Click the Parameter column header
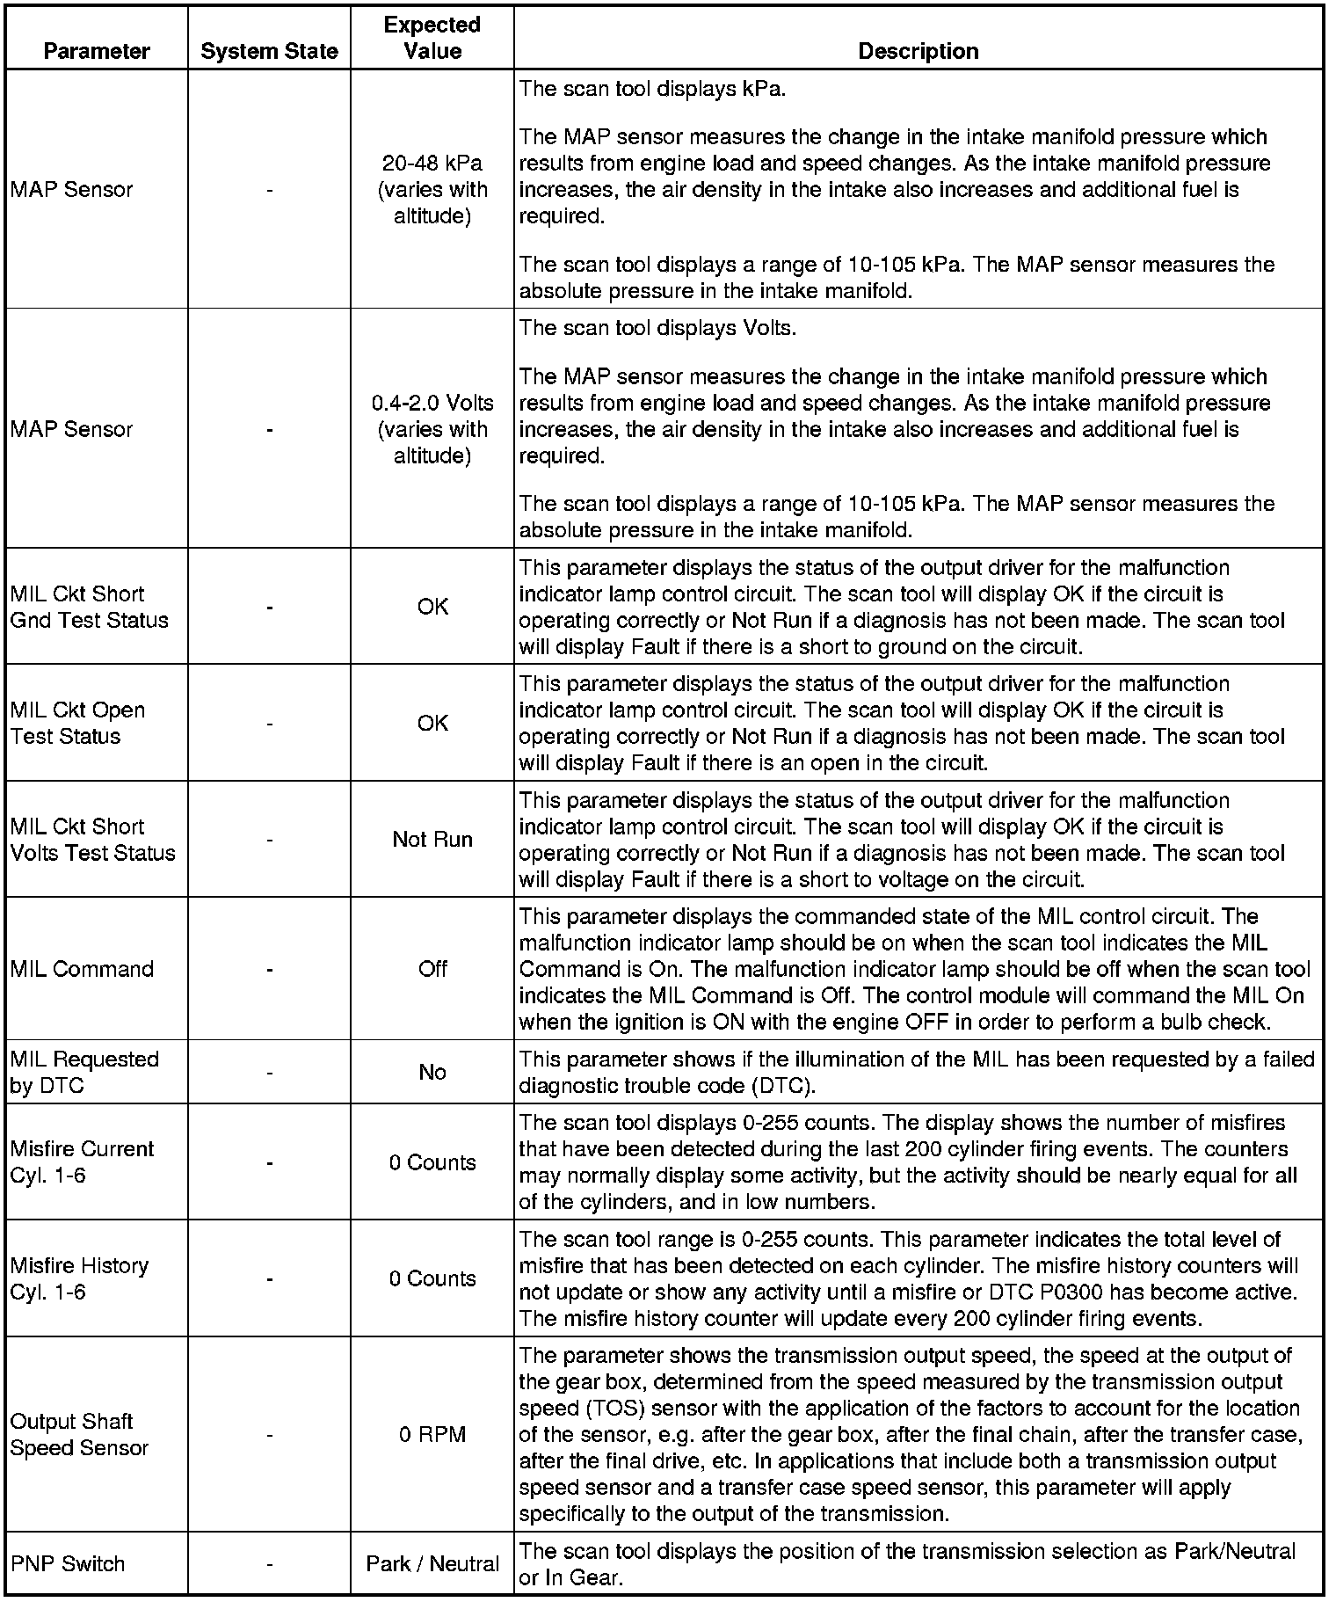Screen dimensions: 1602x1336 pos(97,51)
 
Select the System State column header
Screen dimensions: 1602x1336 pos(269,51)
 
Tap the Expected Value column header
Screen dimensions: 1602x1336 pos(432,38)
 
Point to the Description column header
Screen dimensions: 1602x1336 pos(918,51)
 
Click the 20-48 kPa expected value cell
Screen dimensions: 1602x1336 pos(432,189)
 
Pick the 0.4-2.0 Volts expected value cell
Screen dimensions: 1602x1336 pos(432,429)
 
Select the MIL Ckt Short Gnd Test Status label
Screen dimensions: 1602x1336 pos(89,607)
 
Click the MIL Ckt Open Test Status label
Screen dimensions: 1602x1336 pos(77,723)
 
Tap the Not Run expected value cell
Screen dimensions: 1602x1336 pos(432,839)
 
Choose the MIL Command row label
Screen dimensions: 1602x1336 pos(82,969)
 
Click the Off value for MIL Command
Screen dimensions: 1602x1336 pos(432,969)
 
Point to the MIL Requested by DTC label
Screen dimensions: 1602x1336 pos(84,1072)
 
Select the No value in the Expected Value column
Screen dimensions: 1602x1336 pos(432,1072)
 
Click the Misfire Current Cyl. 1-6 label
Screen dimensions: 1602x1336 pos(82,1161)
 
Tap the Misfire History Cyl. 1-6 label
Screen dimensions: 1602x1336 pos(79,1278)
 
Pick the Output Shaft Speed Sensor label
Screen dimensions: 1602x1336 pos(79,1434)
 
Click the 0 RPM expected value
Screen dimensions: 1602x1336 pos(432,1434)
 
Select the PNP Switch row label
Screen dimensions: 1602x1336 pos(68,1564)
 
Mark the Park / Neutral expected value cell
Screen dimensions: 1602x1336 pos(432,1564)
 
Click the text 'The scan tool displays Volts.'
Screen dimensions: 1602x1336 pos(657,328)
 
